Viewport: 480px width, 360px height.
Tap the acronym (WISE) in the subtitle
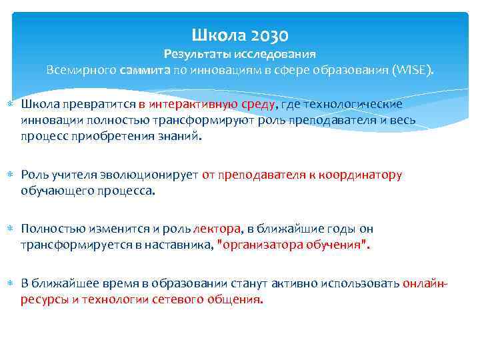(413, 70)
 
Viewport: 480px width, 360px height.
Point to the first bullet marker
(11, 105)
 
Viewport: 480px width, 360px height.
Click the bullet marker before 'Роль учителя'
(11, 175)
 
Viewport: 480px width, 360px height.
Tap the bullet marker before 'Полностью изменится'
(11, 229)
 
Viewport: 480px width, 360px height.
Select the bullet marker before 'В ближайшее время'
(11, 284)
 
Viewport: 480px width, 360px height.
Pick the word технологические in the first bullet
(360, 104)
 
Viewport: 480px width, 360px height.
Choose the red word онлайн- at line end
(425, 283)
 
